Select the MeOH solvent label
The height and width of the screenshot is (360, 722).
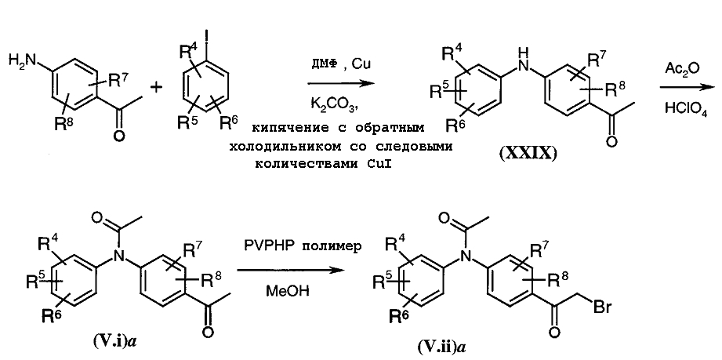coord(281,291)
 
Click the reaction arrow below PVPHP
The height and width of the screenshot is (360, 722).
coord(290,270)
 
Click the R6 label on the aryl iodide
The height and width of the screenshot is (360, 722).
coord(228,124)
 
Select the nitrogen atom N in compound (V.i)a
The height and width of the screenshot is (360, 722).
coord(119,255)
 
